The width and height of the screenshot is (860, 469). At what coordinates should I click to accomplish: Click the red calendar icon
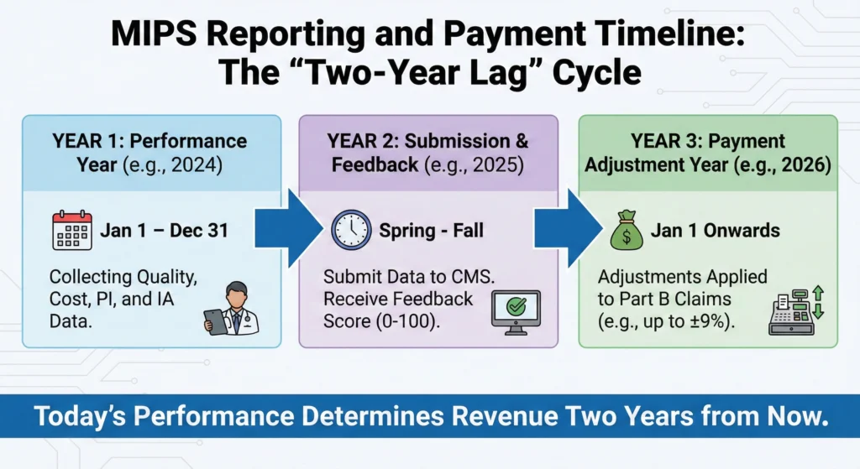[x=73, y=230]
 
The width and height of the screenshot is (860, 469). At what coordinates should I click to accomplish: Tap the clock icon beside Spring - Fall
[x=351, y=230]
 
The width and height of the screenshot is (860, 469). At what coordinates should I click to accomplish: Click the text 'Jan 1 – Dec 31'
[x=165, y=231]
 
